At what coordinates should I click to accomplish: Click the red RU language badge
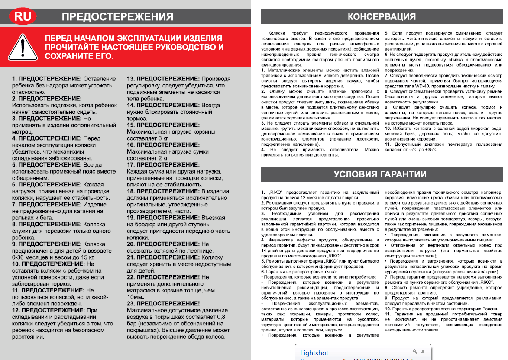(x=23, y=16)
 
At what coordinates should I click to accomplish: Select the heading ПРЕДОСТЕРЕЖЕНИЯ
(x=117, y=17)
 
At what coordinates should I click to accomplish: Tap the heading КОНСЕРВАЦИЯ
(x=382, y=17)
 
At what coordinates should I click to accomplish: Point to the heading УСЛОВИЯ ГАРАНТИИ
(x=380, y=174)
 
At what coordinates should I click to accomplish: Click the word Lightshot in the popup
(x=314, y=353)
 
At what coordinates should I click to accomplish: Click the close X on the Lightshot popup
(x=423, y=351)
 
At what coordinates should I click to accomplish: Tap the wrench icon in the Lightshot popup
(x=415, y=351)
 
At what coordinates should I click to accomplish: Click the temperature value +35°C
(x=431, y=149)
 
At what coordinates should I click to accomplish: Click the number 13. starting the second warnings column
(x=131, y=79)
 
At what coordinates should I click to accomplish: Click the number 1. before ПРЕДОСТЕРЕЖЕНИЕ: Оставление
(x=14, y=79)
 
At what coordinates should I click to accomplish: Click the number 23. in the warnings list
(x=132, y=304)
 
